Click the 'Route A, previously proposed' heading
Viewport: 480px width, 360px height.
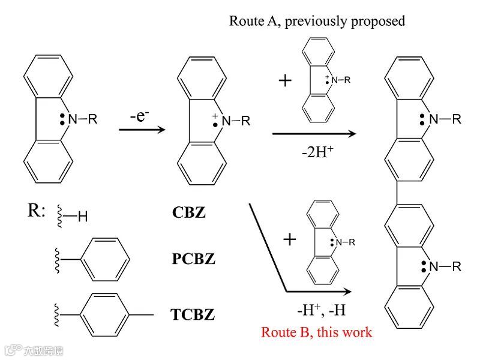click(317, 21)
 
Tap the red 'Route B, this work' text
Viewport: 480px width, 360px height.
click(316, 332)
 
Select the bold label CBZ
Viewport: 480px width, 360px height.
click(188, 212)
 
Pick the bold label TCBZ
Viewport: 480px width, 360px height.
click(193, 313)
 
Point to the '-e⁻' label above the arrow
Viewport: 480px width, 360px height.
click(143, 115)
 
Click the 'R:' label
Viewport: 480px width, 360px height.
click(37, 211)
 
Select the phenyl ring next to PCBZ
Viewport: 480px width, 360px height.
click(104, 259)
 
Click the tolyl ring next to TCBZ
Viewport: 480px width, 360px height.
click(104, 313)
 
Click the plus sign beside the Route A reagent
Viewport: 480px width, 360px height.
click(286, 80)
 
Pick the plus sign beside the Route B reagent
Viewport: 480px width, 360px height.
click(290, 240)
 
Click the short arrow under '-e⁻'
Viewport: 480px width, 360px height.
click(142, 128)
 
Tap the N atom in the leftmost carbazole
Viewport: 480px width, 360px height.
click(73, 119)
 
